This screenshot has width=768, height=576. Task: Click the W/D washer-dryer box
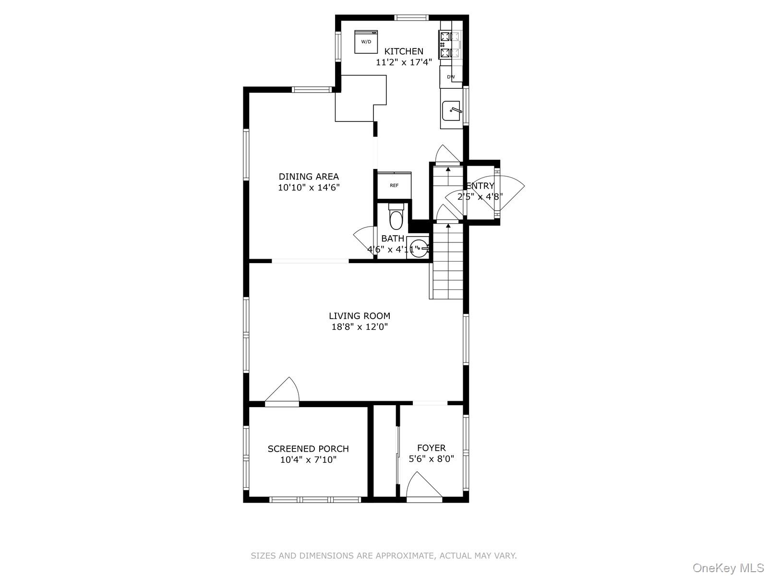click(x=366, y=42)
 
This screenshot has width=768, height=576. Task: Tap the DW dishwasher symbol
click(x=451, y=77)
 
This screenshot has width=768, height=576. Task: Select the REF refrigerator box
click(x=394, y=185)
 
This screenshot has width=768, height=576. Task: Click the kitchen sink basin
click(x=451, y=111)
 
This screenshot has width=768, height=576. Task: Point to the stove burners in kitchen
click(x=449, y=44)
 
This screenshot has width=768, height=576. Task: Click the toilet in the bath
click(x=396, y=217)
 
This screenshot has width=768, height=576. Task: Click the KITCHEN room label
click(x=404, y=51)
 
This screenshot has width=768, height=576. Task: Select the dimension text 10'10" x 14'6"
click(x=309, y=188)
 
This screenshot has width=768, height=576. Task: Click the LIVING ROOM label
click(x=359, y=316)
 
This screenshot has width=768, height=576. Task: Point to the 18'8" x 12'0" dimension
click(x=359, y=327)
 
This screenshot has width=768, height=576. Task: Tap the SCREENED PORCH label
click(x=308, y=449)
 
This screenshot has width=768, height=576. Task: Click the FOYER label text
click(x=431, y=448)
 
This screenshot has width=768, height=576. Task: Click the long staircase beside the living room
click(x=448, y=262)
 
